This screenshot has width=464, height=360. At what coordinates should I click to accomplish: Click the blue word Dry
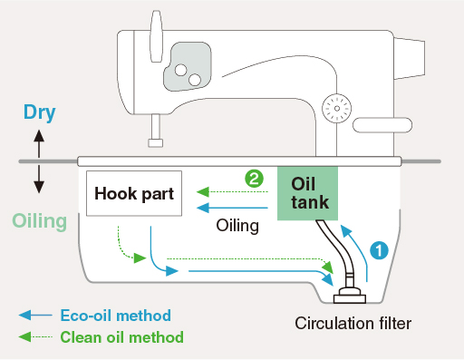tap(40, 112)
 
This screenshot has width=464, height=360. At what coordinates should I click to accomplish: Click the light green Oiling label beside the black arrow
tap(40, 221)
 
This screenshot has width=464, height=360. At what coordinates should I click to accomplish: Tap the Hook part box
tap(134, 193)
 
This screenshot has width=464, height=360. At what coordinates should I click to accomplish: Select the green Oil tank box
tap(307, 193)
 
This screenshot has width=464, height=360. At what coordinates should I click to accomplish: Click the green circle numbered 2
tap(254, 179)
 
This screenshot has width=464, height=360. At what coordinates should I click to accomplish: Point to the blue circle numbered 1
tap(379, 250)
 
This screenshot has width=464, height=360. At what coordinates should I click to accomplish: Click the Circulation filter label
tap(353, 324)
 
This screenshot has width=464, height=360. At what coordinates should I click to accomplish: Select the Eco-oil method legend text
tap(116, 316)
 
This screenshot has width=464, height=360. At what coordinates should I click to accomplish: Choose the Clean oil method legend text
tap(122, 337)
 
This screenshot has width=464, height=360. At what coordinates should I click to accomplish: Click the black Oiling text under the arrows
tap(237, 226)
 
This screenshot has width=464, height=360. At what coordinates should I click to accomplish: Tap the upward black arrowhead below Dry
tap(39, 135)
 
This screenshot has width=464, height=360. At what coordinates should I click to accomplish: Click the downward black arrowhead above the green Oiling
tap(39, 187)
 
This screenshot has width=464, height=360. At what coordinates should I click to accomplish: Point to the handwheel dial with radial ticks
tap(337, 109)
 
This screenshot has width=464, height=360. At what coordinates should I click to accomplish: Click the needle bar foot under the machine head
tap(156, 142)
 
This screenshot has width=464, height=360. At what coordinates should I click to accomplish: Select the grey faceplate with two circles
tap(188, 66)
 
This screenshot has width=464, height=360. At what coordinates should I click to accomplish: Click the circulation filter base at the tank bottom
tap(350, 296)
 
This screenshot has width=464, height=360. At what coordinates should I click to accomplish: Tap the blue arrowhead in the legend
tap(24, 315)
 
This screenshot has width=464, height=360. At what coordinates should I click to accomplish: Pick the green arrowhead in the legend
tap(24, 336)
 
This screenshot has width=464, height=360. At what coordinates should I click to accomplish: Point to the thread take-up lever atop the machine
tap(157, 36)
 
